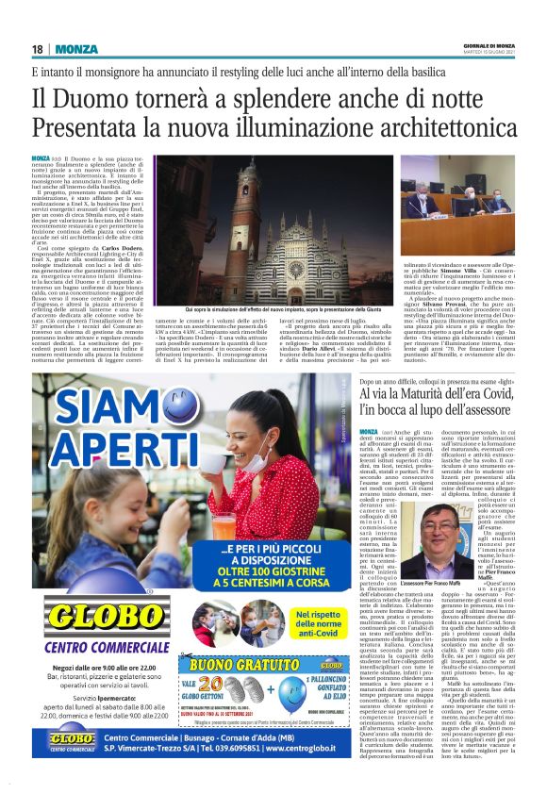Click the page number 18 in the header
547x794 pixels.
coord(37,48)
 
